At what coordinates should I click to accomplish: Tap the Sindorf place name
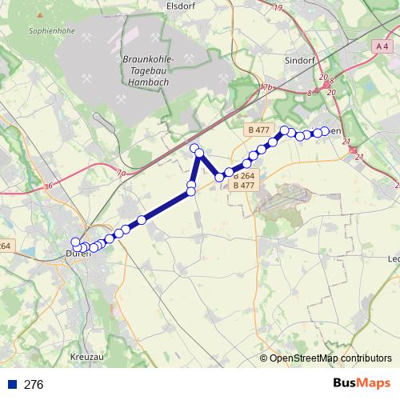coord(301,59)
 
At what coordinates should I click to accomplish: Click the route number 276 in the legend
coord(34,384)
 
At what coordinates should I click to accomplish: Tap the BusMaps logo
coord(362,383)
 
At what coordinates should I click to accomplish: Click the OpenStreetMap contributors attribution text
coord(330,358)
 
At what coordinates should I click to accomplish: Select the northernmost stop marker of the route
coord(194,148)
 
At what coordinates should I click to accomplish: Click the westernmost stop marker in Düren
coord(76,242)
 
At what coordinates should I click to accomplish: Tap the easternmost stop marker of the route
coord(326,131)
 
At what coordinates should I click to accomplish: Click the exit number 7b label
coord(267,87)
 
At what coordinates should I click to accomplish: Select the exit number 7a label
coord(121,173)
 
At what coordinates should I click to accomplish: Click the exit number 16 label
coord(50,186)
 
